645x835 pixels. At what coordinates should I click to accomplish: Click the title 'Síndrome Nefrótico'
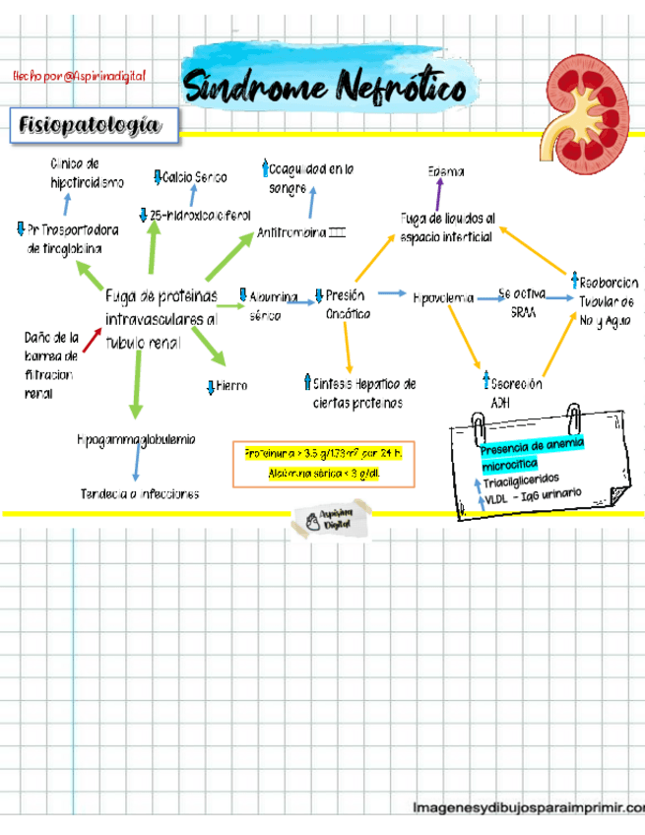(325, 89)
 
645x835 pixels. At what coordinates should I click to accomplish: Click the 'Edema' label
(446, 172)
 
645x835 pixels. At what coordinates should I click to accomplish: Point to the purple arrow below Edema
(439, 194)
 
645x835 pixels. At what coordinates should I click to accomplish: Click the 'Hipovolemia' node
(443, 296)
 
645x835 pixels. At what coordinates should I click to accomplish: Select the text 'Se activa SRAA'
(523, 302)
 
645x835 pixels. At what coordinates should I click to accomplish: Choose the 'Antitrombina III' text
(301, 233)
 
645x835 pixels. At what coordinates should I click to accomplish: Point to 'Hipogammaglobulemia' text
(136, 439)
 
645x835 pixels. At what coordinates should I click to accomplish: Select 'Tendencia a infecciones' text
(140, 493)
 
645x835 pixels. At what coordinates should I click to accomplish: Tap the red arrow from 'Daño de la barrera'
(92, 340)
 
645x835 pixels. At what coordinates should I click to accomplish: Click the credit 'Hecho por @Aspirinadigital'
(79, 76)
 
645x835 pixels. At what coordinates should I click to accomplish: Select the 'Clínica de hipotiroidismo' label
(87, 172)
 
